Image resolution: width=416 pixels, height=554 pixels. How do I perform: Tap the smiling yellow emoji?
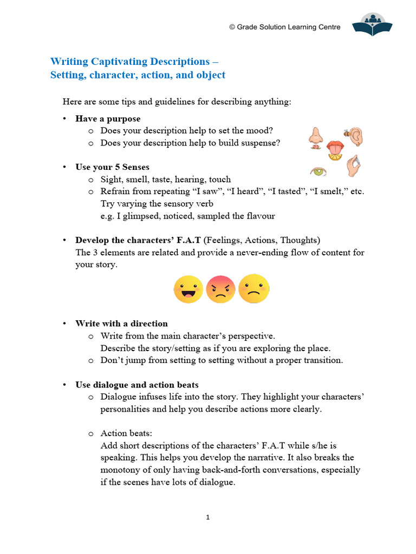tap(188, 289)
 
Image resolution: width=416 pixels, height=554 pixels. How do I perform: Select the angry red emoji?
tap(220, 289)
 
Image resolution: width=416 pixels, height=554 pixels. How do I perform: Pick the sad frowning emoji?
tap(253, 289)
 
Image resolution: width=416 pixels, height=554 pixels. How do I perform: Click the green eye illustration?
tap(318, 172)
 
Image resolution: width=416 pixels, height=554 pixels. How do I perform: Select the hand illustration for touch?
tap(353, 167)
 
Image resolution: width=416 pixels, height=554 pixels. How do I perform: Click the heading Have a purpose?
tap(108, 118)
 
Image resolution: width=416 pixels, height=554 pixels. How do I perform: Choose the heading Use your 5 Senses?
tap(112, 167)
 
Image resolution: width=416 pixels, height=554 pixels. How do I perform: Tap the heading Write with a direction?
tap(121, 324)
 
